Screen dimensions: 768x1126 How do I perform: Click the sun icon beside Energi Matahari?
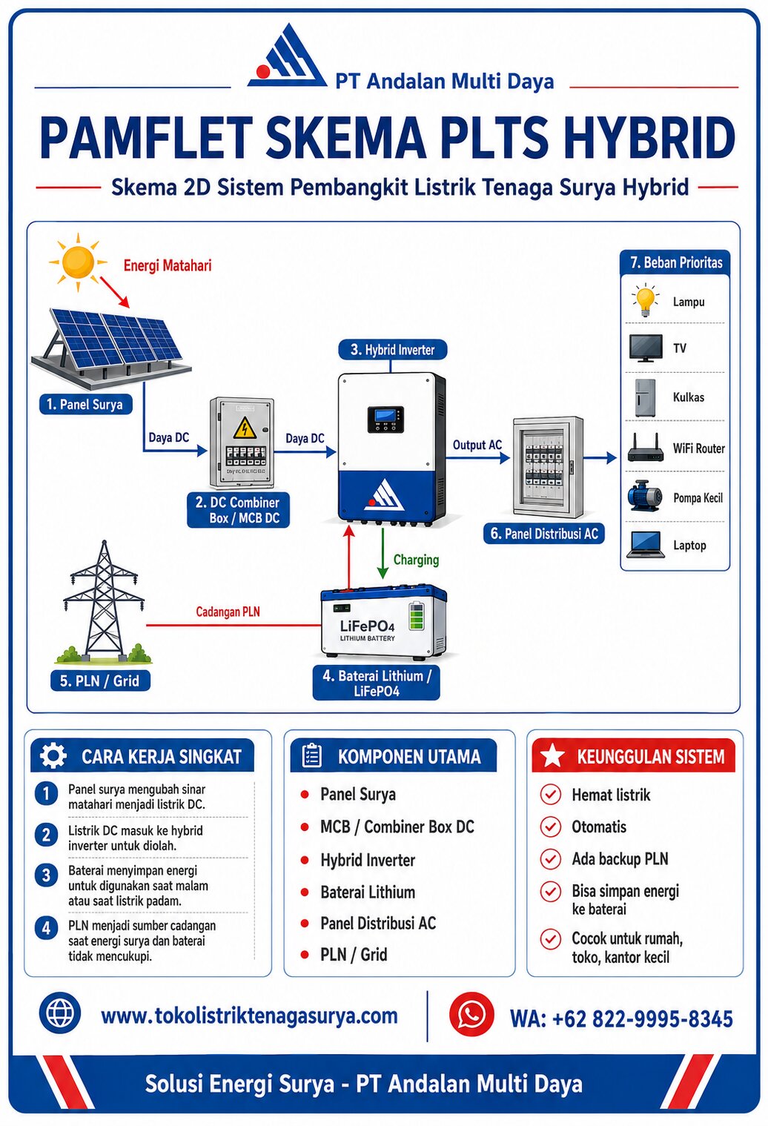point(78,262)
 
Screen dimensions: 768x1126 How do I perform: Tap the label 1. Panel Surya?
point(85,404)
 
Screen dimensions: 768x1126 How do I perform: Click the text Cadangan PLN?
point(228,612)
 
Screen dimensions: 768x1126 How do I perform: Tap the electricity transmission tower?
point(104,600)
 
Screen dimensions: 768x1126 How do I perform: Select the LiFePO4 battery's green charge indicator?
point(416,616)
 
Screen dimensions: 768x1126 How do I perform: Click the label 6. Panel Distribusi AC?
point(544,534)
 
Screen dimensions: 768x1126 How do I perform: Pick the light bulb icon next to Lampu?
point(646,300)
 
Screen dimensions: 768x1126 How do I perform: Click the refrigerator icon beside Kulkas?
point(645,397)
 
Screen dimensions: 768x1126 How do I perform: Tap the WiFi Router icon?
point(646,449)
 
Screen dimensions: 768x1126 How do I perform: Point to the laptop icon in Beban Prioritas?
point(645,546)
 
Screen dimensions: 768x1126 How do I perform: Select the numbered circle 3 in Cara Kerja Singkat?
point(46,875)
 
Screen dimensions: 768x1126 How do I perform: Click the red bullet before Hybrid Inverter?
point(304,860)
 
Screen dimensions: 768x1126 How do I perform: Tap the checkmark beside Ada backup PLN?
point(550,859)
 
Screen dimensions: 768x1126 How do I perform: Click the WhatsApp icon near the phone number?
point(471,1014)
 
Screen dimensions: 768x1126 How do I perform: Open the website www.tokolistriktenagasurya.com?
point(249,1016)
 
